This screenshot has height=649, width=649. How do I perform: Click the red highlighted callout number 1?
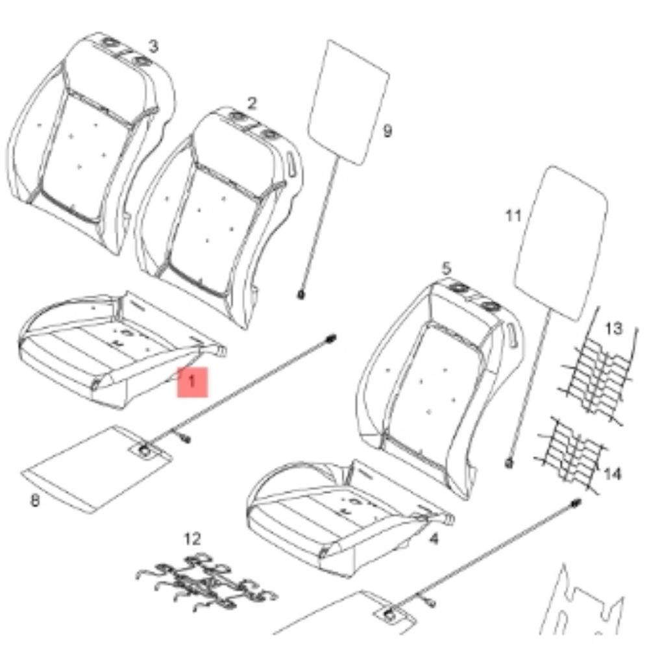(191, 381)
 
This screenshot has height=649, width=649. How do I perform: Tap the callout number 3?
(154, 46)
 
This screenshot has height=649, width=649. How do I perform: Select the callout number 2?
(252, 103)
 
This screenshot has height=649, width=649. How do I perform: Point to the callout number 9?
(387, 131)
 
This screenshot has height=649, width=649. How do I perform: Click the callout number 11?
(513, 216)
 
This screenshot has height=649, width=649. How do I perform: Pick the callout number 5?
(447, 269)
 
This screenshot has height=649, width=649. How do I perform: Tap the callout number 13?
(614, 328)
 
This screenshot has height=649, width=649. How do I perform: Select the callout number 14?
(613, 474)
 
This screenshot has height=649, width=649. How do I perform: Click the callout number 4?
(434, 539)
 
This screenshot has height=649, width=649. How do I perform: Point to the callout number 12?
(193, 539)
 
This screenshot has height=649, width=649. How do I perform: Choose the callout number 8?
(35, 501)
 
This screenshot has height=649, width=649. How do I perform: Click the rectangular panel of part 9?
(349, 103)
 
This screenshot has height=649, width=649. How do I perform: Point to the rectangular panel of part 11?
(561, 243)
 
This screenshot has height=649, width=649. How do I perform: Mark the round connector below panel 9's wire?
(301, 295)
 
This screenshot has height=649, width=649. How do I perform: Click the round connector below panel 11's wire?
(509, 463)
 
